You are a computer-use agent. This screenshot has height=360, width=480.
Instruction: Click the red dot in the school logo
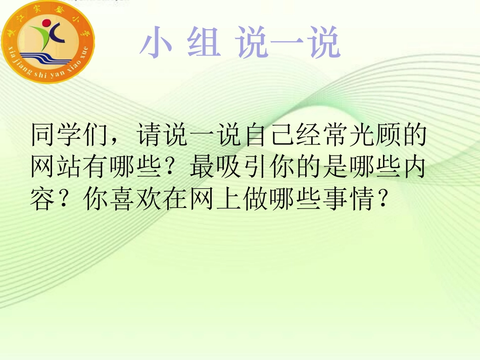pos(47,23)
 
